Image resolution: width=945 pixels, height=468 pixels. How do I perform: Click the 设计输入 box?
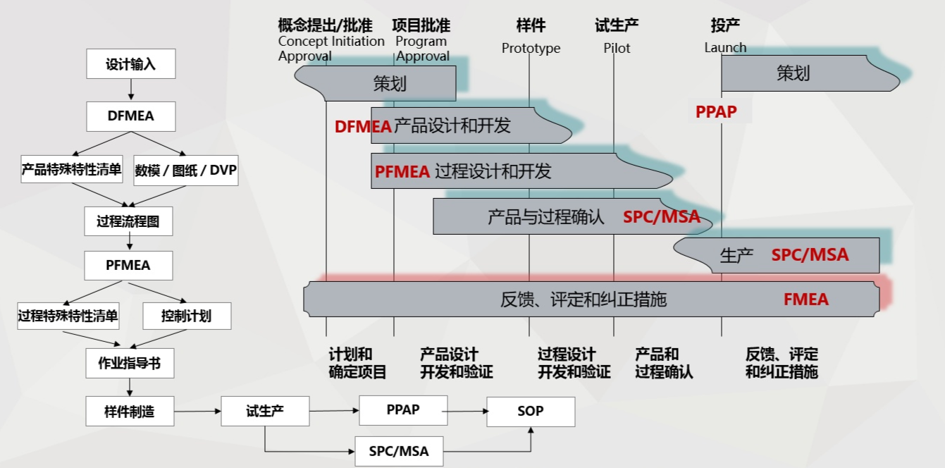pyautogui.click(x=131, y=63)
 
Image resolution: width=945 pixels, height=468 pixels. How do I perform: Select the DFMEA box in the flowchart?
pyautogui.click(x=131, y=116)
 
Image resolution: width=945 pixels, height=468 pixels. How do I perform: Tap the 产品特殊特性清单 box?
pyautogui.click(x=72, y=169)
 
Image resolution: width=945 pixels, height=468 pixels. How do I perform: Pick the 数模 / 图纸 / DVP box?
pyautogui.click(x=185, y=170)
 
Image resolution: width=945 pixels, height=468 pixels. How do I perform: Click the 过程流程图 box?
pyautogui.click(x=128, y=221)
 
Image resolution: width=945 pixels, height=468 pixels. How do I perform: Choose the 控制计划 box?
pyautogui.click(x=187, y=316)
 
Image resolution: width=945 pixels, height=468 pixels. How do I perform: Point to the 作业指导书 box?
pyautogui.click(x=130, y=363)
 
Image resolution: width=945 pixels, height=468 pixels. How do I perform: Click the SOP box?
pyautogui.click(x=531, y=412)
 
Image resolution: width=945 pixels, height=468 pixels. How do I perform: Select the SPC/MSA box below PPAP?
pyautogui.click(x=399, y=451)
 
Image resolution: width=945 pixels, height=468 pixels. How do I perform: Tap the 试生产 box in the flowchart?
pyautogui.click(x=265, y=411)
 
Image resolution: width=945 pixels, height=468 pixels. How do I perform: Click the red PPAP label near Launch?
pyautogui.click(x=716, y=112)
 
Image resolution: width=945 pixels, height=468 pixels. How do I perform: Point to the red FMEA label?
pyautogui.click(x=805, y=300)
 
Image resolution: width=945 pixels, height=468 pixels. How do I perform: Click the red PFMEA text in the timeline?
pyautogui.click(x=402, y=172)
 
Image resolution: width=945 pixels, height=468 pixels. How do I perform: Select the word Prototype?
pyautogui.click(x=531, y=49)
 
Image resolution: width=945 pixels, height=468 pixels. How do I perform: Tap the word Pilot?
pyautogui.click(x=617, y=48)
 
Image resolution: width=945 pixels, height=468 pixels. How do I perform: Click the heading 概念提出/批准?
pyautogui.click(x=326, y=25)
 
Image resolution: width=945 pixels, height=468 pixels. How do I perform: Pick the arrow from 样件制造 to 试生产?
pyautogui.click(x=197, y=411)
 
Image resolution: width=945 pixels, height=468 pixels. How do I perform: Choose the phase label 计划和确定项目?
pyautogui.click(x=357, y=363)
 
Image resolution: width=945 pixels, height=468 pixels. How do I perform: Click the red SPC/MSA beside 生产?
pyautogui.click(x=810, y=255)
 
